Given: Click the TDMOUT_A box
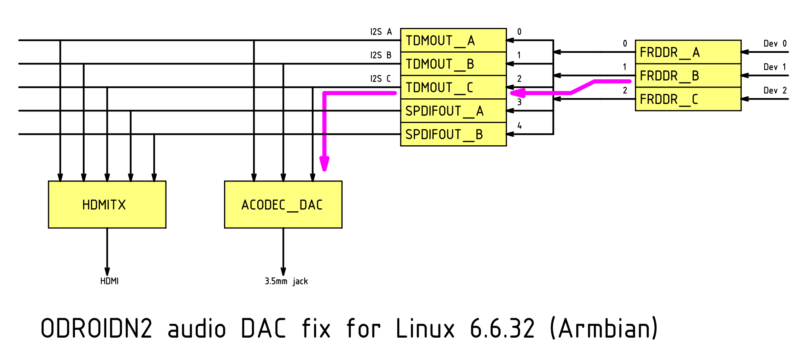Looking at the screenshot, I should [x=453, y=40].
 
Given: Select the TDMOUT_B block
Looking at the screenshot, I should [x=453, y=64].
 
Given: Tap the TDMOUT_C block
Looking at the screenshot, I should [x=453, y=87].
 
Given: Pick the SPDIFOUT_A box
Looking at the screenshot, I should [x=453, y=111].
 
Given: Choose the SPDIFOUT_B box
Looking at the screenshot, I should [x=453, y=134].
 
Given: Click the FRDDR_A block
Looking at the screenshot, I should [x=688, y=52].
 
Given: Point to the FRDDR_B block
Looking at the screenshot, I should [x=688, y=76].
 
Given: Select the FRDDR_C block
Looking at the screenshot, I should [x=688, y=99].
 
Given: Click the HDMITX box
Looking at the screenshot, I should [x=107, y=205].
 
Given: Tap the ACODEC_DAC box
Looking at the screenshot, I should [x=283, y=205].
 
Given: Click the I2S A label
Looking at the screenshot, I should [x=381, y=32].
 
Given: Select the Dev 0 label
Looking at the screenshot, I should [x=775, y=44].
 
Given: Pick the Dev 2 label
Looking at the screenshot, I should [x=775, y=91].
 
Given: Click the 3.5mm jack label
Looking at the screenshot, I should [x=286, y=281].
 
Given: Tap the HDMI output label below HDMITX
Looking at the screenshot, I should [x=109, y=281].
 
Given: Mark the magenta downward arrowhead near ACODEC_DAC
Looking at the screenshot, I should [x=324, y=164].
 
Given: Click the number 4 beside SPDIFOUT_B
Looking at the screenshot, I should [x=519, y=126].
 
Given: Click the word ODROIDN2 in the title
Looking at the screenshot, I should [x=97, y=329].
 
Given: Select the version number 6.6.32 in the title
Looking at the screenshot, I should [x=502, y=329].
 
